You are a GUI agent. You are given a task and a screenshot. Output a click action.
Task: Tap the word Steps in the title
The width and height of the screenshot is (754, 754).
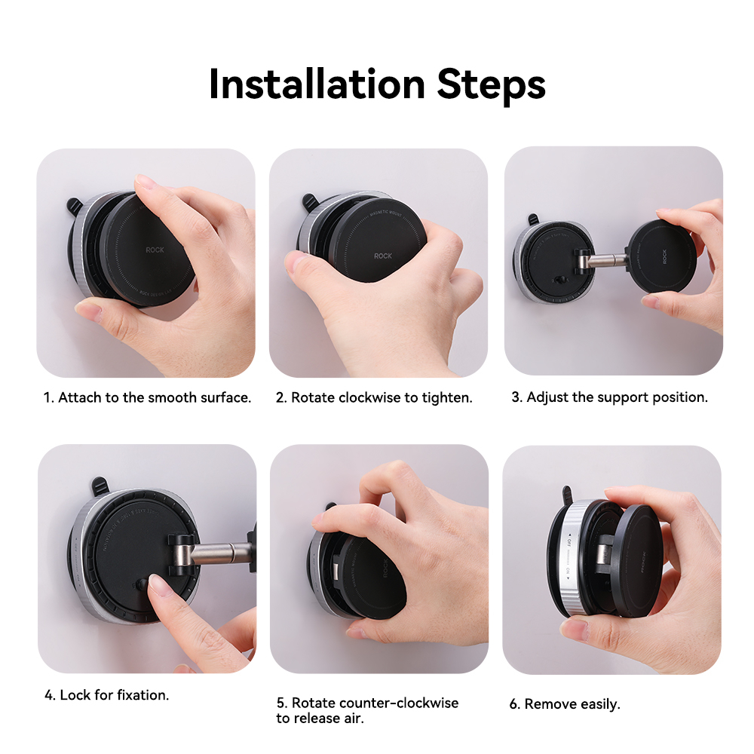click(491, 84)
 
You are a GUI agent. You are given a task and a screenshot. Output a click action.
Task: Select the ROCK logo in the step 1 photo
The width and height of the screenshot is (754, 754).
click(155, 249)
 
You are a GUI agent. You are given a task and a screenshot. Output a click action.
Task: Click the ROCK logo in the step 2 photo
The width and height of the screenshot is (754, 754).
click(383, 256)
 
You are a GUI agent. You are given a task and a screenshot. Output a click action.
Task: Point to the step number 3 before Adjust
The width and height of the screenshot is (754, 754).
click(516, 397)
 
